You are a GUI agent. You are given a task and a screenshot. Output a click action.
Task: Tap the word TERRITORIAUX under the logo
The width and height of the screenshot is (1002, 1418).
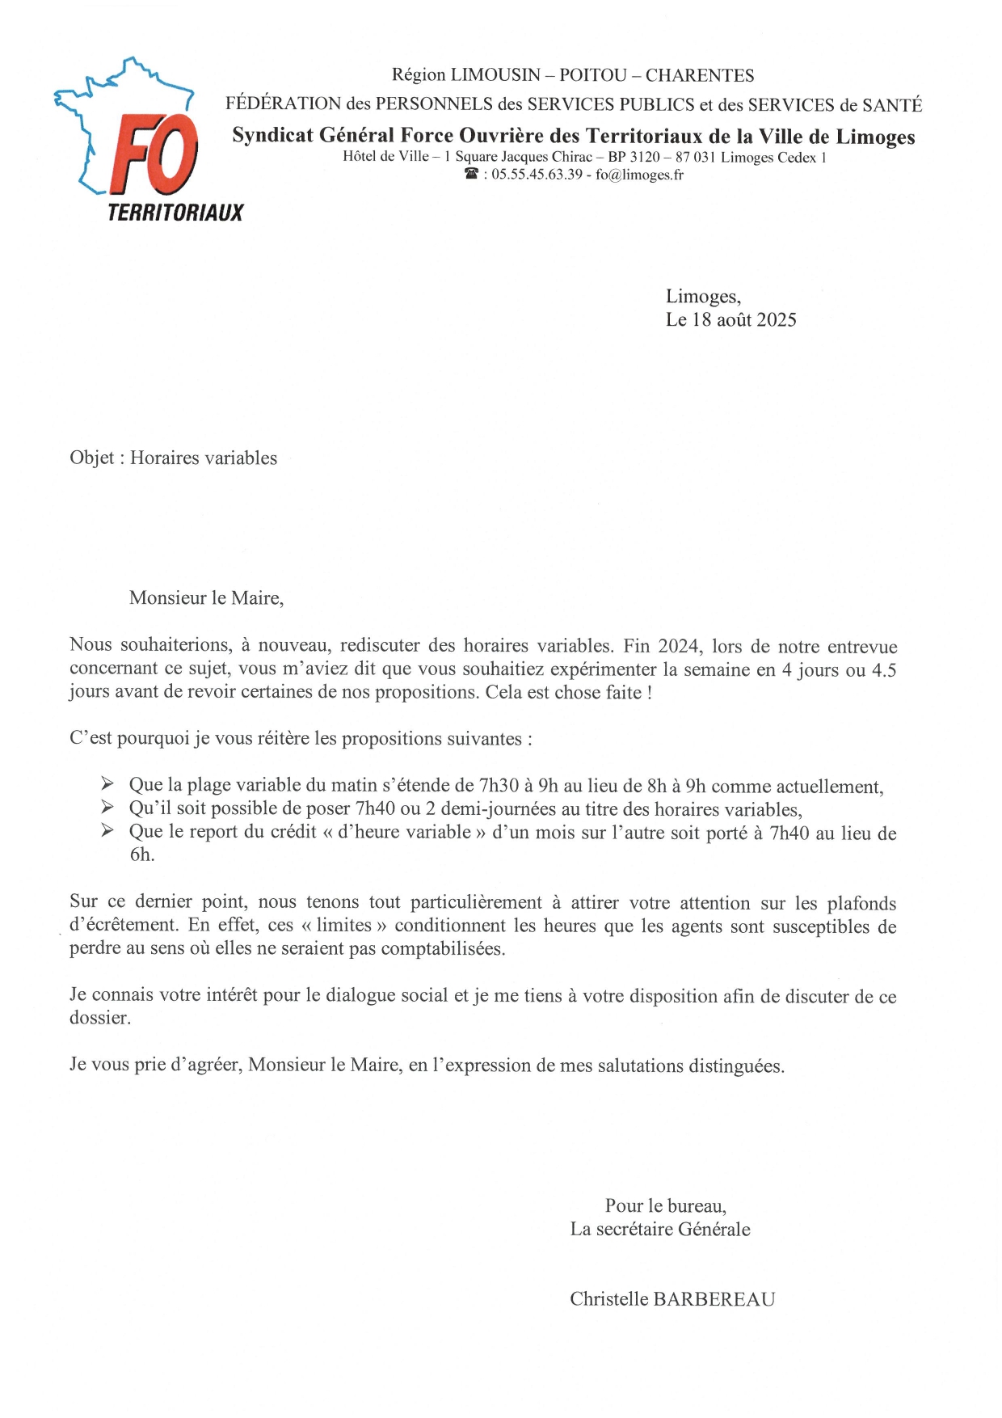(x=175, y=213)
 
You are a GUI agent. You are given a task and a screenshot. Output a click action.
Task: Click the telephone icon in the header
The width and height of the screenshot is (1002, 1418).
(x=472, y=175)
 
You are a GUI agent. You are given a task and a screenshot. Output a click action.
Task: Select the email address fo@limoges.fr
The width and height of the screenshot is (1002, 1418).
(x=639, y=175)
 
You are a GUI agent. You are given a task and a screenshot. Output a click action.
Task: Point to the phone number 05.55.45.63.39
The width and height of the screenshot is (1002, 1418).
(x=537, y=175)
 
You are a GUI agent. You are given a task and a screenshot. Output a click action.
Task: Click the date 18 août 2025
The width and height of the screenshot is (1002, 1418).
(x=743, y=320)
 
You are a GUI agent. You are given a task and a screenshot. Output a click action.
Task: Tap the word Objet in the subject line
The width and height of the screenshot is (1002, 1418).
(x=91, y=458)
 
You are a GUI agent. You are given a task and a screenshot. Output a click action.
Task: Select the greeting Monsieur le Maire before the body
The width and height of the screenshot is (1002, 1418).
(x=206, y=598)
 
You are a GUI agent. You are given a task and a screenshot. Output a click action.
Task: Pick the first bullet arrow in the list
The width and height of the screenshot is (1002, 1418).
(x=107, y=783)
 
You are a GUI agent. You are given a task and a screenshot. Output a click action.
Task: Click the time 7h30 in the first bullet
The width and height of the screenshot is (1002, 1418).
(x=499, y=785)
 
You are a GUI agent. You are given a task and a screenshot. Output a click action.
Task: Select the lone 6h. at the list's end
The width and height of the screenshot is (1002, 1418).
(x=141, y=855)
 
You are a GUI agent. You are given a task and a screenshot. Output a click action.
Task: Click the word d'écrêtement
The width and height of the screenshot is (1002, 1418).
(x=123, y=925)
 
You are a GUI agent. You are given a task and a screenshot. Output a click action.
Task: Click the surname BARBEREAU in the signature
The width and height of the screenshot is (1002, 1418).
(x=714, y=1299)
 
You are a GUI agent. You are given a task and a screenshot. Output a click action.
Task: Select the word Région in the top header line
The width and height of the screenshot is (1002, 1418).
(x=418, y=75)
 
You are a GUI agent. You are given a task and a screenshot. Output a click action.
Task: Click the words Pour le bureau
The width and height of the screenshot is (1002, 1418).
(x=665, y=1206)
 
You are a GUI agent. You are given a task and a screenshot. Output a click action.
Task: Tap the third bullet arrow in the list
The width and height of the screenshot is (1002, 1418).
(x=107, y=830)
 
